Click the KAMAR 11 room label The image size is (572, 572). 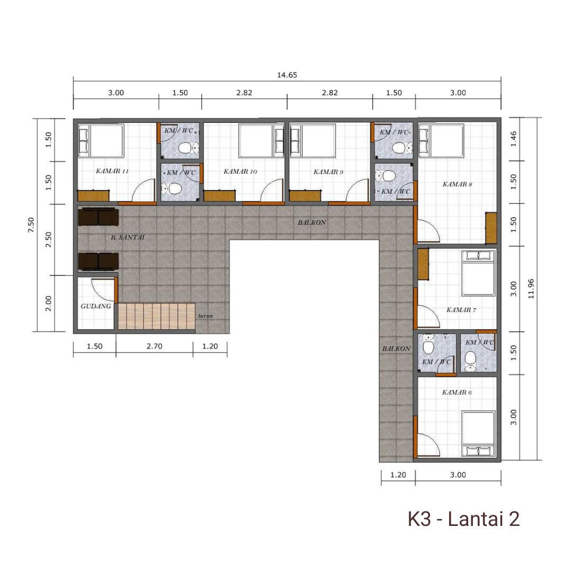112,171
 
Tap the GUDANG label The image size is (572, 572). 95,306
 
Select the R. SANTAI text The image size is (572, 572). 128,237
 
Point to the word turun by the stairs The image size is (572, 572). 205,316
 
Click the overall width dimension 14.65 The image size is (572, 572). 287,75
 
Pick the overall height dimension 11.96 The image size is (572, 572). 531,289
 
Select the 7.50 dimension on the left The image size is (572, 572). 31,225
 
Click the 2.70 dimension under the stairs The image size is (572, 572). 154,346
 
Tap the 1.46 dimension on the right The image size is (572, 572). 513,139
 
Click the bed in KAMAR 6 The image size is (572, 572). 478,434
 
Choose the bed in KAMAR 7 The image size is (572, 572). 478,273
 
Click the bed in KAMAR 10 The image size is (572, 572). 262,141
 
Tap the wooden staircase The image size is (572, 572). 156,316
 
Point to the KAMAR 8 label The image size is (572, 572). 457,184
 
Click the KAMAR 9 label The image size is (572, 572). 328,172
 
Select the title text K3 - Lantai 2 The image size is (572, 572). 463,519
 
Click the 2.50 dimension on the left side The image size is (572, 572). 48,240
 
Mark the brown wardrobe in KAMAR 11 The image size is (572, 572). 93,195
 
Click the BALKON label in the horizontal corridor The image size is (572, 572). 312,222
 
